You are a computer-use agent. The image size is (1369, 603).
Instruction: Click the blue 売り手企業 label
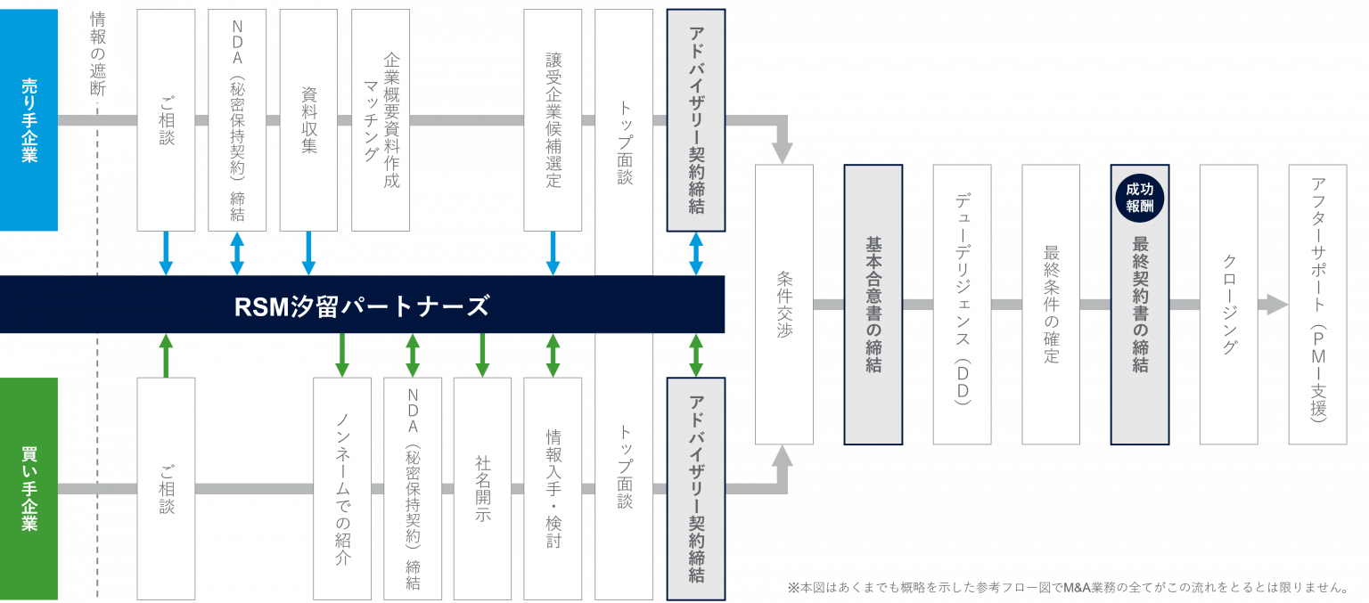[x=29, y=120]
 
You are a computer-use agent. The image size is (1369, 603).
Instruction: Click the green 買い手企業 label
[x=29, y=488]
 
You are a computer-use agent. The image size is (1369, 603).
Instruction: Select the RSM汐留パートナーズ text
[x=361, y=306]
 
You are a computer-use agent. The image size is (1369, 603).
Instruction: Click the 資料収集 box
[x=308, y=119]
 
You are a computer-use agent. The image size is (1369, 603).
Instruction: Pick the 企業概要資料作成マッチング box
[x=381, y=119]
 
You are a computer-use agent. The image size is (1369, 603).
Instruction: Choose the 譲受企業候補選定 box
[x=553, y=119]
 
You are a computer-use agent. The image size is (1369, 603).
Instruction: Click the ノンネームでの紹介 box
[x=342, y=488]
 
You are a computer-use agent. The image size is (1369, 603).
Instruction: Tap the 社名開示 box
[x=482, y=488]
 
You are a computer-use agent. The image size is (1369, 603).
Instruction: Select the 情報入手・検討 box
[x=553, y=488]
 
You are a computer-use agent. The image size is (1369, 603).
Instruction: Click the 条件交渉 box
[x=784, y=304]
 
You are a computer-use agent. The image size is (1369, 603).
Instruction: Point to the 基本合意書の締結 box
[x=873, y=304]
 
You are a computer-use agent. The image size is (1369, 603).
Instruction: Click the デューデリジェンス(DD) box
[x=962, y=304]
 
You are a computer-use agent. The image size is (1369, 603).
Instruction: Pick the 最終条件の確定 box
[x=1051, y=304]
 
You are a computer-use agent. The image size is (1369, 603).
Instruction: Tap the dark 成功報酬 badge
[x=1140, y=199]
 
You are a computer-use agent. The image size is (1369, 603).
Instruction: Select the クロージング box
[x=1228, y=304]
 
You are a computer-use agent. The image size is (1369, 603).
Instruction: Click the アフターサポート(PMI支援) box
[x=1317, y=304]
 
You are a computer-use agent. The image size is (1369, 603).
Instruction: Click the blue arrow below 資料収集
[x=308, y=253]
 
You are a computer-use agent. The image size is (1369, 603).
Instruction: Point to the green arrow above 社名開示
[x=482, y=355]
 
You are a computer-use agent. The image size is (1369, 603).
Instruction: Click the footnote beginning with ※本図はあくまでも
[x=1065, y=587]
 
